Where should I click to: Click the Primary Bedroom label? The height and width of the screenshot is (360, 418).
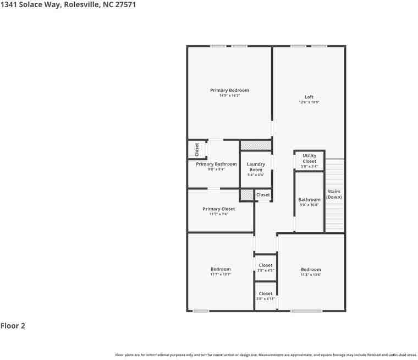click(x=229, y=90)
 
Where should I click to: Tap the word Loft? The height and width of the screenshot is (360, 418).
click(x=309, y=97)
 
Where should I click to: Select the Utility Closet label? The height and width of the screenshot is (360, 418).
click(x=309, y=159)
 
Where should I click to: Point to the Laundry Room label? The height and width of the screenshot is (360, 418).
click(x=256, y=166)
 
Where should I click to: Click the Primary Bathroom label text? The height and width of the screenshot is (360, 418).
click(x=216, y=164)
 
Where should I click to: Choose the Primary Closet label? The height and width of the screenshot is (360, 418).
click(x=218, y=209)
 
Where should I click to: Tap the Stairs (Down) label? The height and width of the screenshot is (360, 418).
click(x=334, y=194)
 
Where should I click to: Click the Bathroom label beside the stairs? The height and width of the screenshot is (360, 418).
click(x=309, y=200)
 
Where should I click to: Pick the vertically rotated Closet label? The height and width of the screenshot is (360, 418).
click(x=197, y=149)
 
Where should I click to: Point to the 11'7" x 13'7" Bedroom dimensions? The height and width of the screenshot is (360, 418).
click(x=220, y=274)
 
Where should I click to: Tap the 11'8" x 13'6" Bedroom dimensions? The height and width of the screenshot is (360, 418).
click(x=311, y=275)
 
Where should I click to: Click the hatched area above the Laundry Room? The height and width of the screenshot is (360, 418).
click(x=256, y=145)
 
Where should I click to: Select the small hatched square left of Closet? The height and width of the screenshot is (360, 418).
click(x=247, y=195)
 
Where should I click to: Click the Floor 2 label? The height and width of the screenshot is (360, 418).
click(x=13, y=326)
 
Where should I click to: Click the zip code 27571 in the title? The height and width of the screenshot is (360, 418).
click(x=125, y=4)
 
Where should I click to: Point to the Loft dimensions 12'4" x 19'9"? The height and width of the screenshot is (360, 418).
click(x=309, y=102)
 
